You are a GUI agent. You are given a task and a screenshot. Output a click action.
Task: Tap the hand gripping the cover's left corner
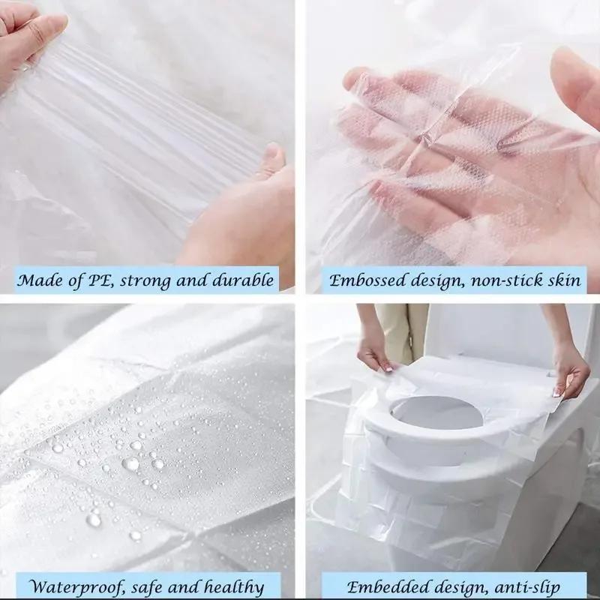tap(374, 352)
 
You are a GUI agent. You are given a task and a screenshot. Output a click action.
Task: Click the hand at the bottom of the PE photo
tap(240, 217)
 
